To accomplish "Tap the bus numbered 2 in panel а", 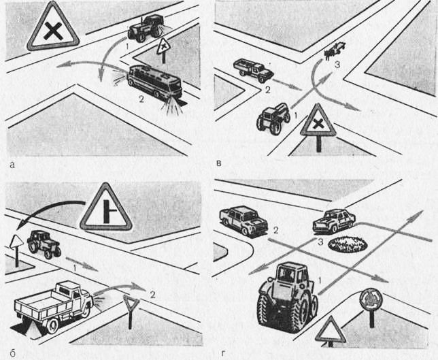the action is pyautogui.click(x=155, y=82).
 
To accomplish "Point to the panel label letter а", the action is pyautogui.click(x=12, y=165).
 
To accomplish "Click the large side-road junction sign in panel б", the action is pyautogui.click(x=106, y=208).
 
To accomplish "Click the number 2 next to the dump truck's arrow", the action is pyautogui.click(x=152, y=294).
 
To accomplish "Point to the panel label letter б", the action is pyautogui.click(x=12, y=354).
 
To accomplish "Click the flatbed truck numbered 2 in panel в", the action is pyautogui.click(x=253, y=70).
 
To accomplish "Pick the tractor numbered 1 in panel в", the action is pyautogui.click(x=273, y=119).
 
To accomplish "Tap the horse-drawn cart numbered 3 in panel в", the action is pyautogui.click(x=335, y=50).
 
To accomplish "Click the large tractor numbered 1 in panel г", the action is pyautogui.click(x=287, y=297).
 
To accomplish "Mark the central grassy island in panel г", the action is pyautogui.click(x=348, y=244).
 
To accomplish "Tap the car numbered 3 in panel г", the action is pyautogui.click(x=334, y=220).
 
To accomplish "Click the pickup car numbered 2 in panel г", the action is pyautogui.click(x=243, y=221).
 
